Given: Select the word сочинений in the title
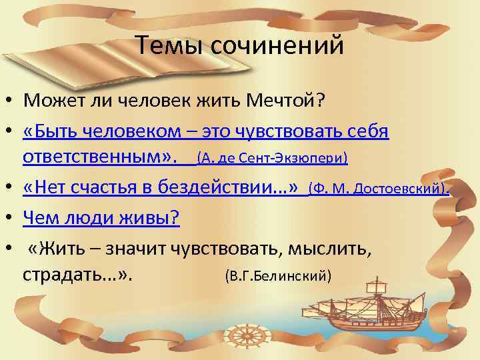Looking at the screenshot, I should click(x=279, y=46).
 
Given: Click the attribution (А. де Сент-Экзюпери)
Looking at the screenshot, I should click(x=273, y=159).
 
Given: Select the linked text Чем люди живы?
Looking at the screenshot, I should click(x=93, y=216).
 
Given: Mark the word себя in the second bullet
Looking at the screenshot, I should click(x=367, y=131).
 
